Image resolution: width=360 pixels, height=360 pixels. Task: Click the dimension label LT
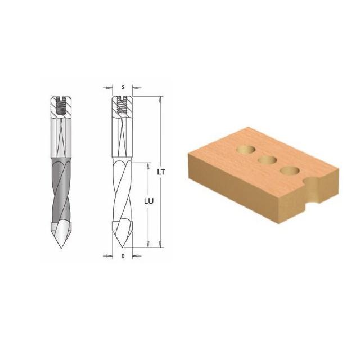161,172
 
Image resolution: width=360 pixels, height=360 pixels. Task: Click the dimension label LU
148,201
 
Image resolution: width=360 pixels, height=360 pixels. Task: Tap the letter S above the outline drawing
123,87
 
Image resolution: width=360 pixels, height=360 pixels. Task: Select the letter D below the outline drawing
123,256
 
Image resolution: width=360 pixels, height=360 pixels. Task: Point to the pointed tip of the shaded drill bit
61,248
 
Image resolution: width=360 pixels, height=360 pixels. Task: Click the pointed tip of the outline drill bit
123,247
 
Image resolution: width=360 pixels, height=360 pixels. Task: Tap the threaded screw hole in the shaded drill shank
61,106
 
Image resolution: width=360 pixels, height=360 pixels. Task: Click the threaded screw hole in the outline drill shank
123,105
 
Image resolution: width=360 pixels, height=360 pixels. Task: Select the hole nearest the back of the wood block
246,149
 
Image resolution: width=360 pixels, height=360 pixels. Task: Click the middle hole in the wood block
267,160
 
